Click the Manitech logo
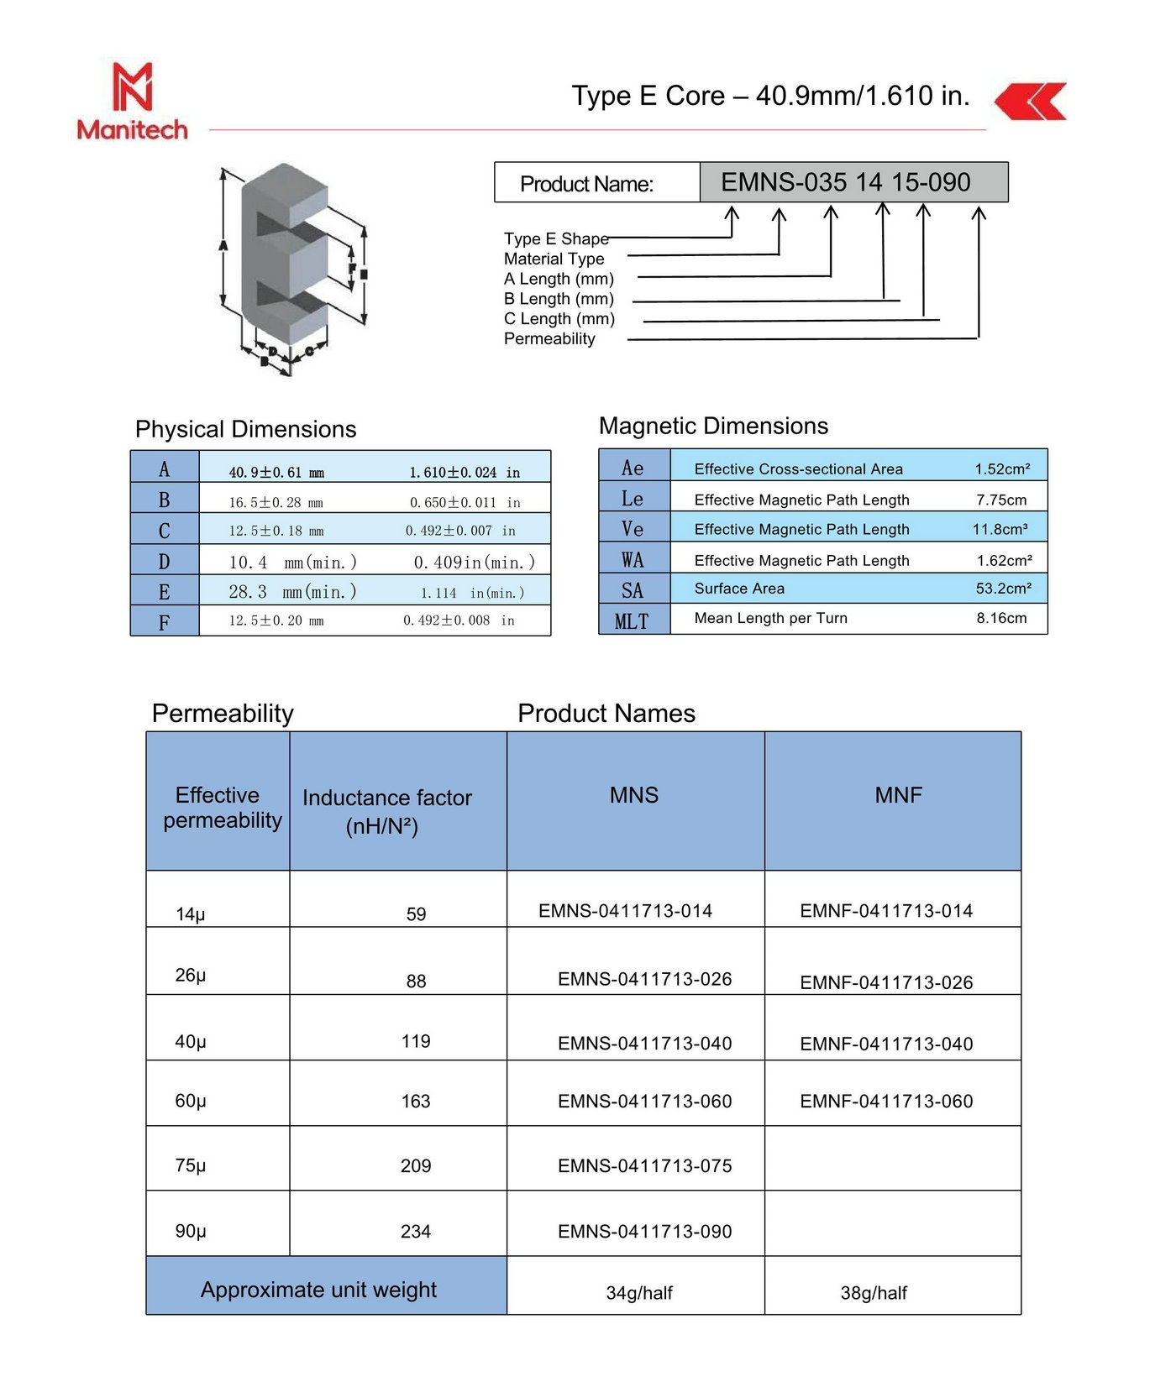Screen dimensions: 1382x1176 tap(132, 101)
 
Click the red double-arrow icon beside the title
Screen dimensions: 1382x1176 tap(1031, 101)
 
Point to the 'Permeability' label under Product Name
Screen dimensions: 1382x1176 tap(549, 338)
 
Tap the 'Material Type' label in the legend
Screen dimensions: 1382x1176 tap(554, 259)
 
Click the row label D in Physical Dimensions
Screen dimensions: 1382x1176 tap(165, 561)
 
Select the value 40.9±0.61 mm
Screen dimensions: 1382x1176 tap(276, 473)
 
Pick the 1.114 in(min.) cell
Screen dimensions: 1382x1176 tap(472, 593)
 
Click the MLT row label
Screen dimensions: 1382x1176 tap(633, 621)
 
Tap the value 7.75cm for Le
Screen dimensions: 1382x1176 tap(1001, 500)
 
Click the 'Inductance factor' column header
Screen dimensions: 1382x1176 tap(386, 810)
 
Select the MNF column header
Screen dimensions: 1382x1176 tap(898, 795)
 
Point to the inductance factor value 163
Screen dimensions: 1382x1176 tap(416, 1101)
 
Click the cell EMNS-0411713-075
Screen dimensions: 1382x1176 tap(644, 1165)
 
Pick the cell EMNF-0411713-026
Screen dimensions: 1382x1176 tap(886, 982)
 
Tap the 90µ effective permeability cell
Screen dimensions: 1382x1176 tap(191, 1231)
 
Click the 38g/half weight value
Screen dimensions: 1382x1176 tap(874, 1293)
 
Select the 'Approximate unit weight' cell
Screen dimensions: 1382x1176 tap(318, 1290)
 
